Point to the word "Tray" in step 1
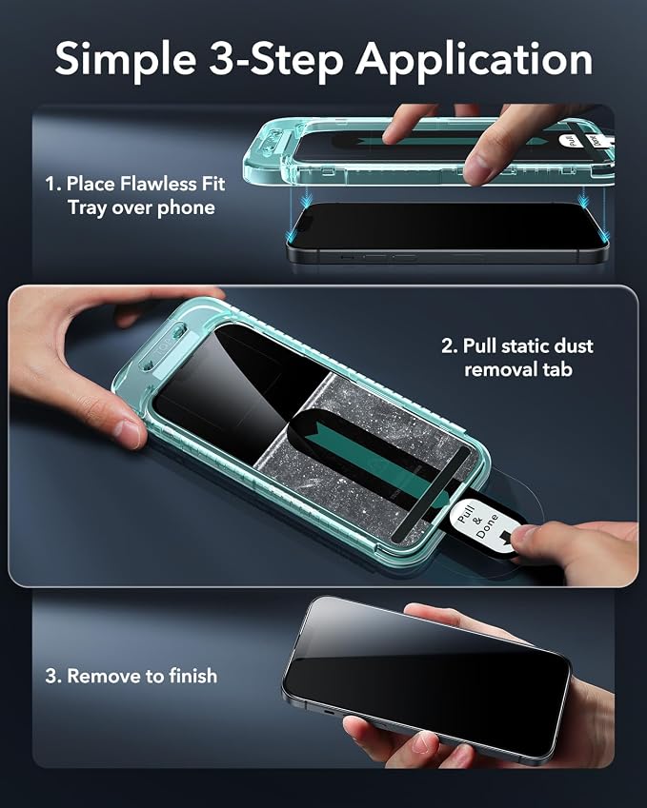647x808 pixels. click(x=88, y=208)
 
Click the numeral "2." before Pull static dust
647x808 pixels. click(x=449, y=345)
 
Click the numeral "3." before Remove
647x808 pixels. click(x=53, y=676)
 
